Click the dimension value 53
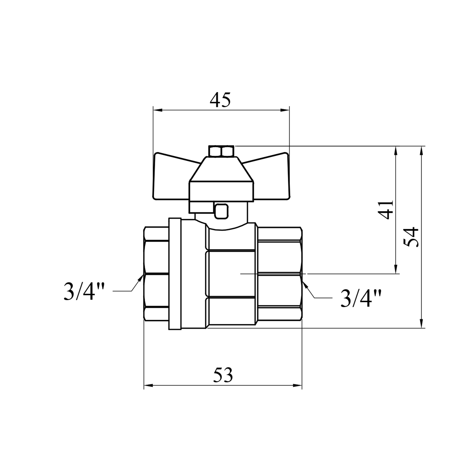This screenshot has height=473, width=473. [x=223, y=375]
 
